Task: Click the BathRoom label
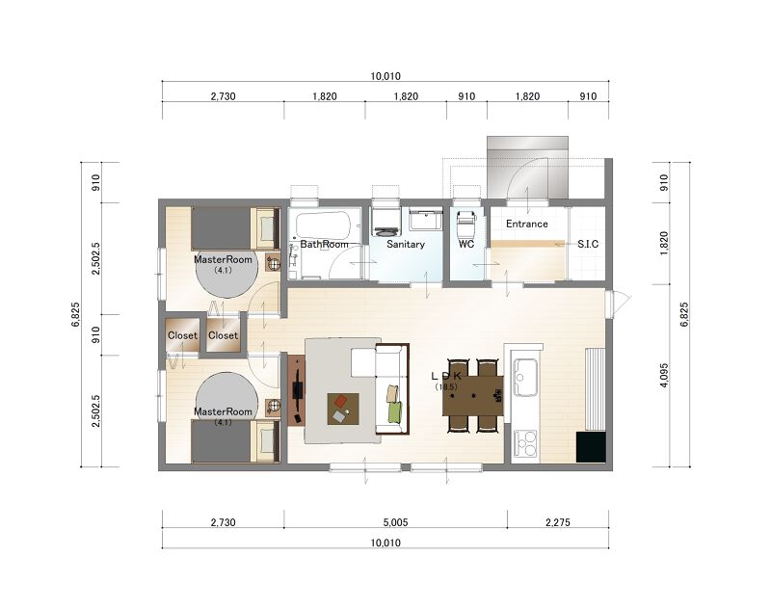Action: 324,245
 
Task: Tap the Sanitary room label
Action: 405,245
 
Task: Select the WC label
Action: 466,245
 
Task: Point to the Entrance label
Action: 526,225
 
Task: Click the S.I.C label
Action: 588,245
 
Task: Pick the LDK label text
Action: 446,377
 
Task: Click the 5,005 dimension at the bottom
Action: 396,522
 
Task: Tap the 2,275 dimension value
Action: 558,522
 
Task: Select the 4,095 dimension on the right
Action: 664,376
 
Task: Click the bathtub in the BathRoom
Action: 323,226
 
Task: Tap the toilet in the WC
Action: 466,223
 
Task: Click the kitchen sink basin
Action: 525,377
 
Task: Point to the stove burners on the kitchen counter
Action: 525,443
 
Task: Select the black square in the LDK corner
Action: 591,447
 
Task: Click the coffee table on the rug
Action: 343,409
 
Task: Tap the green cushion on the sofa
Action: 395,410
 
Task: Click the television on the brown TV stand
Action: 298,390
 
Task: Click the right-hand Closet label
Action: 223,335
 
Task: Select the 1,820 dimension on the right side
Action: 664,243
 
